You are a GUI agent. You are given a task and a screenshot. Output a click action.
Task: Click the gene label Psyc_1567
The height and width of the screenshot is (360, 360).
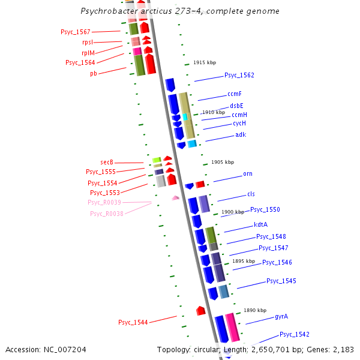pos(76,32)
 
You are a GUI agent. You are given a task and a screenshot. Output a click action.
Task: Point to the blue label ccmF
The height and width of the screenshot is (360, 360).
pos(235,94)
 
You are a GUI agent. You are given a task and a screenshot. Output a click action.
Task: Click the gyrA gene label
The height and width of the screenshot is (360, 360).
pos(281,316)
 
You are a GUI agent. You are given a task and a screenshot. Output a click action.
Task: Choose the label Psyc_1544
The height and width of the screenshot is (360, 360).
pos(133,322)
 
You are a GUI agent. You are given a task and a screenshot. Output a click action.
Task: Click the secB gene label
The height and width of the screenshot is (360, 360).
pos(107,162)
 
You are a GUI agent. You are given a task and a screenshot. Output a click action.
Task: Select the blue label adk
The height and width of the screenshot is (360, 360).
pos(240,134)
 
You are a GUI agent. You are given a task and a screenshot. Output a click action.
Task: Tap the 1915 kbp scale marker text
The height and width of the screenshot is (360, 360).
pos(204,63)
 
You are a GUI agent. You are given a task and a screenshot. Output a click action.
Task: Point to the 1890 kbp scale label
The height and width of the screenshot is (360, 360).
pos(254,310)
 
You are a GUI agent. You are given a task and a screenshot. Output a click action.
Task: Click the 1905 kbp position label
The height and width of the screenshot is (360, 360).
pos(223,162)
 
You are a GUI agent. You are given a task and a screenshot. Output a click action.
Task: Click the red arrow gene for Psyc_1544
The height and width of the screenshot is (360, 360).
pos(200,311)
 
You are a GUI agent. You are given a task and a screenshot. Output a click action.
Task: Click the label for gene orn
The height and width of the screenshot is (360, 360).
pos(247,174)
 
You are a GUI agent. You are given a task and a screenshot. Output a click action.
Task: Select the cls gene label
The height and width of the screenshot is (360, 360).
pos(251,194)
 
